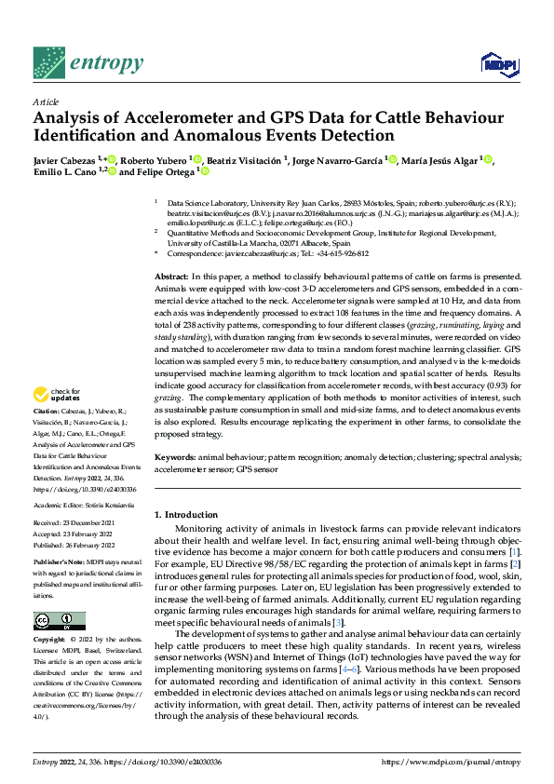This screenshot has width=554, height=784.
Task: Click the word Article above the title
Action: [46, 101]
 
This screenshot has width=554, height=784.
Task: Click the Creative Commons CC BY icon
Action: [60, 620]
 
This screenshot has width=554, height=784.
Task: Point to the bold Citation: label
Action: [47, 437]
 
